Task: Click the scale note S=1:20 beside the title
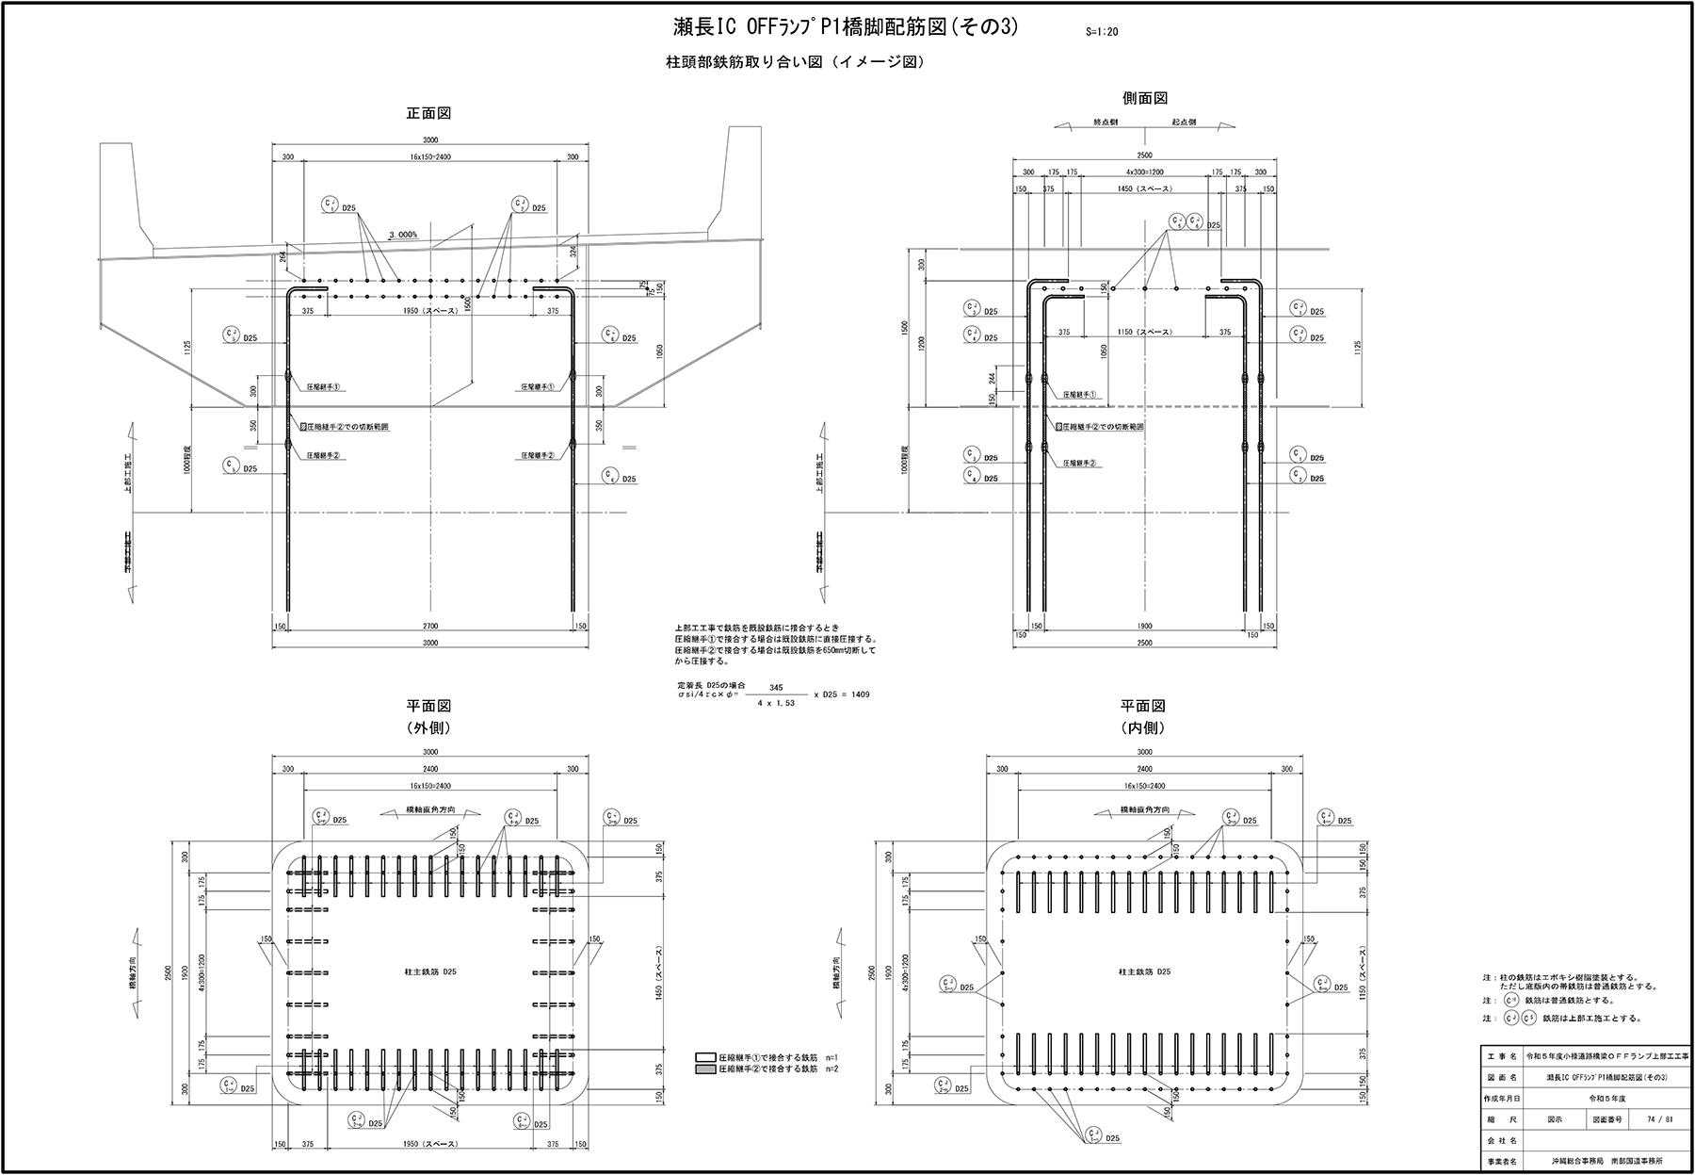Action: point(1101,31)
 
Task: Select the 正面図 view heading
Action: point(428,113)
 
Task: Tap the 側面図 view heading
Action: point(1145,98)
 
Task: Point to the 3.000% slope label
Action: point(403,235)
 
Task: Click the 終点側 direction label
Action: point(1105,122)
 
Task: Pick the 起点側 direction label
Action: point(1184,122)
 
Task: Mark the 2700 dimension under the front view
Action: point(430,626)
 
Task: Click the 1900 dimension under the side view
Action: point(1144,626)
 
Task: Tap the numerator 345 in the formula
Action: point(776,688)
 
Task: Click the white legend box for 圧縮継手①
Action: point(705,1057)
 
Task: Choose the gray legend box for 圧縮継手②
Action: point(705,1069)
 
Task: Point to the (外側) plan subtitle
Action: point(428,727)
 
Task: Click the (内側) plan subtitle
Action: point(1143,727)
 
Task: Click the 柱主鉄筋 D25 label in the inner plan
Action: point(1144,971)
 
